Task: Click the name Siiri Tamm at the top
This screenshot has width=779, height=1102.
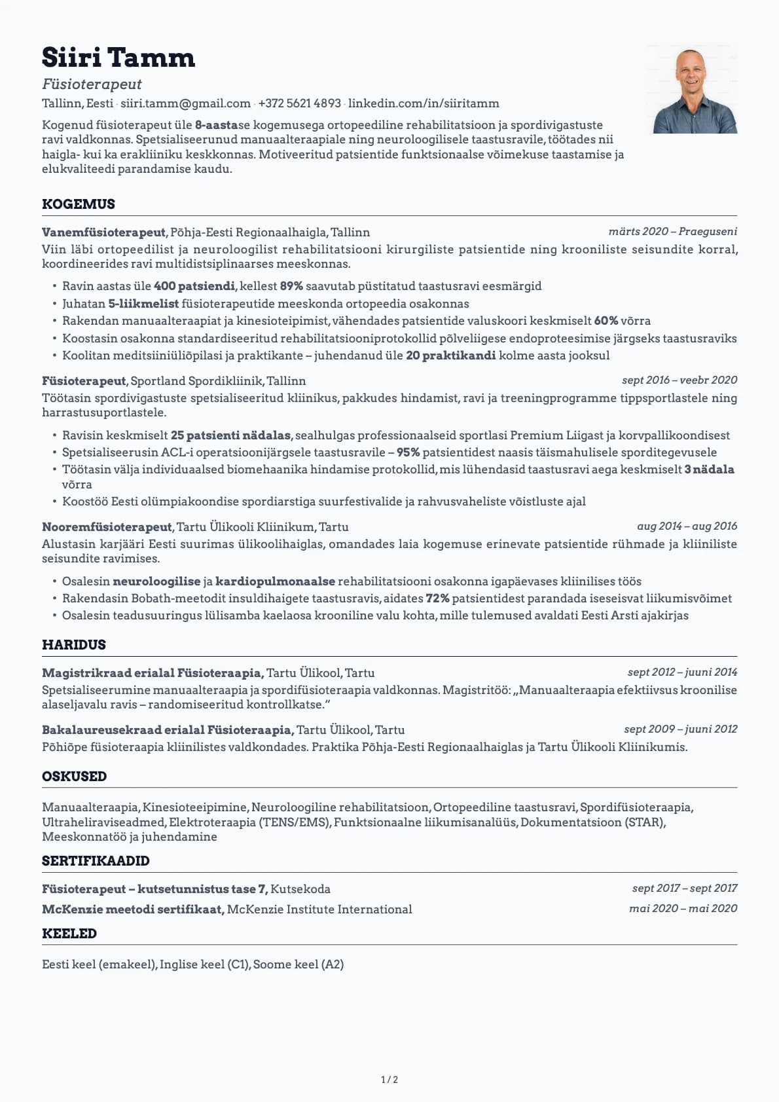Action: (118, 58)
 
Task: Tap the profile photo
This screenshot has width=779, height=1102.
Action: (695, 90)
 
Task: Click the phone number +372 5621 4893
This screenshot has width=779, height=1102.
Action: (299, 103)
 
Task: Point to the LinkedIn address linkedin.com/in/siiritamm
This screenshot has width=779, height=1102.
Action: (424, 103)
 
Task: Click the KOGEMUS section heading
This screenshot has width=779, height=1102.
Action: (79, 204)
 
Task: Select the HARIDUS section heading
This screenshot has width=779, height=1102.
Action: (74, 645)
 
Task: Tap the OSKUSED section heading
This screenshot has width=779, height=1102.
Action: (75, 777)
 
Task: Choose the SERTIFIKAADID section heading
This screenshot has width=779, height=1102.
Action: (96, 861)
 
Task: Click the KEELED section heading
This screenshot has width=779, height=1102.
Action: (69, 934)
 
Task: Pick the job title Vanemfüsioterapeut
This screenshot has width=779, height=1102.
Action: (104, 232)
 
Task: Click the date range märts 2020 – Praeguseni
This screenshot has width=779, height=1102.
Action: (672, 232)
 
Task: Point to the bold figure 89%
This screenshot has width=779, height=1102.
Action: (291, 286)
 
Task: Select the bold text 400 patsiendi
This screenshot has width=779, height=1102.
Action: (194, 286)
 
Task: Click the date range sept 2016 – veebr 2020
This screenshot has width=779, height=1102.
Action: (679, 380)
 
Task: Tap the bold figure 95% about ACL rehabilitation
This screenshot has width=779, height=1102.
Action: (408, 452)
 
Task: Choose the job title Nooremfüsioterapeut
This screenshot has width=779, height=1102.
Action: (107, 527)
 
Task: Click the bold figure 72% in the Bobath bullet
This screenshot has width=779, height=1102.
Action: (437, 598)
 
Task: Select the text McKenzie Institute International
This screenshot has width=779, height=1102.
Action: (319, 909)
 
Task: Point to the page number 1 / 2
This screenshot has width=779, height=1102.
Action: (389, 1080)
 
